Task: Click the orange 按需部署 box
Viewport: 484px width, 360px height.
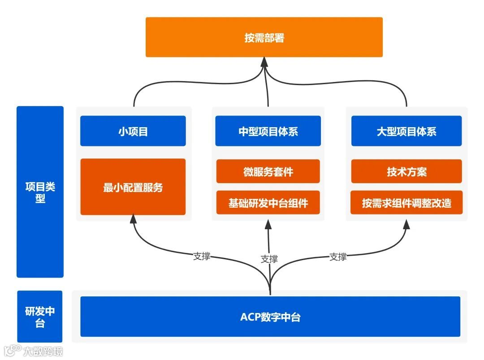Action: click(264, 37)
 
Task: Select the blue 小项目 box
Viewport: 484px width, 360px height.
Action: click(133, 131)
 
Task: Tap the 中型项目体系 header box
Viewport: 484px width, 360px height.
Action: click(268, 131)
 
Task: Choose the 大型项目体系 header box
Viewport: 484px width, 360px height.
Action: click(406, 131)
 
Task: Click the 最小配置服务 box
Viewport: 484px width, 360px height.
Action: click(133, 187)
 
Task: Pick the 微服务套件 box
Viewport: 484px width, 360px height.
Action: click(268, 171)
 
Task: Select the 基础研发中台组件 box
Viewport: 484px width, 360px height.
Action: click(268, 203)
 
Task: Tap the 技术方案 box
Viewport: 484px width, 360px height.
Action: click(406, 171)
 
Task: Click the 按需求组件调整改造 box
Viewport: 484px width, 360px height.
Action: click(406, 203)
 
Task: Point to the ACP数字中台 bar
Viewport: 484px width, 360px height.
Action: click(270, 317)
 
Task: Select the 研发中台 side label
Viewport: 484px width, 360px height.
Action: click(40, 317)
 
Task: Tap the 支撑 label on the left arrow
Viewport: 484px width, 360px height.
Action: click(201, 257)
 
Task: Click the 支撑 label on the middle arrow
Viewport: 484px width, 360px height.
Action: click(269, 259)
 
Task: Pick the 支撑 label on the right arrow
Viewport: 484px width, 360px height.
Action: click(338, 257)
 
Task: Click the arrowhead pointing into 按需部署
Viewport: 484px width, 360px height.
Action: click(264, 62)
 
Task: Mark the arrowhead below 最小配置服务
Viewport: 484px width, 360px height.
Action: click(133, 219)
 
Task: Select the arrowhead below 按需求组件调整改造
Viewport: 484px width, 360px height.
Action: click(406, 224)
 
